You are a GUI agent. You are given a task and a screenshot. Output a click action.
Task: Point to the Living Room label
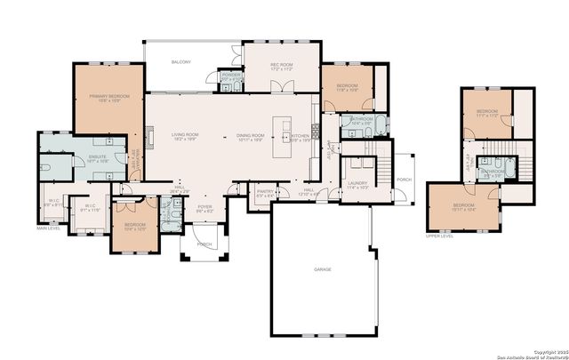pyautogui.click(x=185, y=135)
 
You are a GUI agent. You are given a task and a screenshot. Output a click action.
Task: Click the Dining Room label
pyautogui.click(x=251, y=135)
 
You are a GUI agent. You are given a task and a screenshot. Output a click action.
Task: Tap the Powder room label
pyautogui.click(x=229, y=76)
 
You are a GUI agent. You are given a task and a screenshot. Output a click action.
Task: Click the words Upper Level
pyautogui.click(x=439, y=236)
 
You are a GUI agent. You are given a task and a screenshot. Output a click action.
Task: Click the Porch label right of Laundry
pyautogui.click(x=405, y=179)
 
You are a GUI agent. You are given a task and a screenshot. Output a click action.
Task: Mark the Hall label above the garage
pyautogui.click(x=309, y=190)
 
